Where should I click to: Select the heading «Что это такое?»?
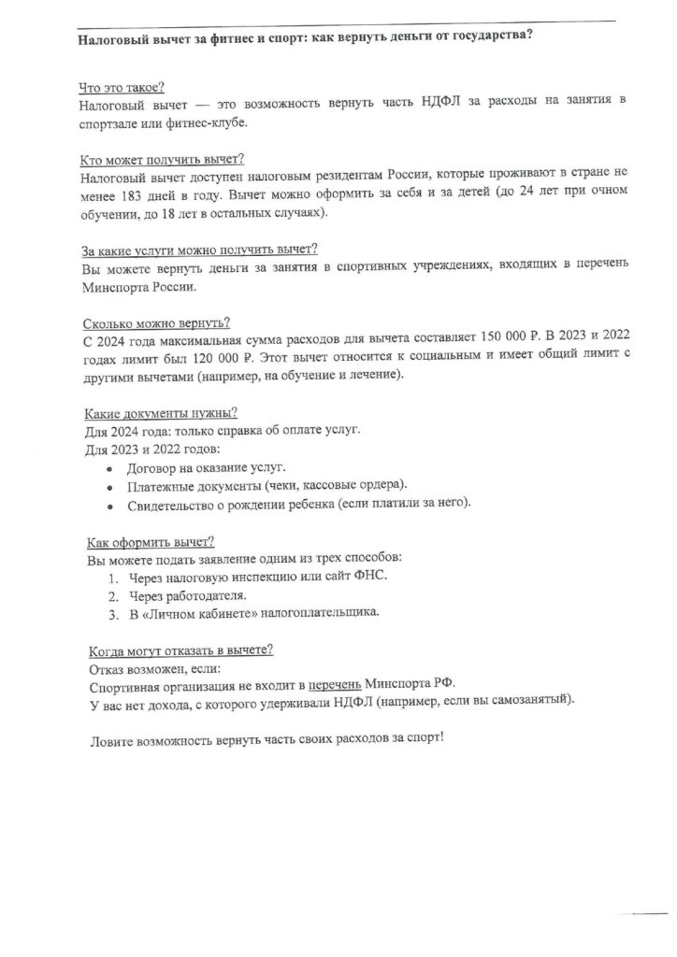(x=121, y=88)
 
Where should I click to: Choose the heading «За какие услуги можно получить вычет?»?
(x=200, y=250)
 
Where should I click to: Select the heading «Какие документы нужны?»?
(x=160, y=413)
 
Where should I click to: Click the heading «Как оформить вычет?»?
(x=150, y=542)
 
